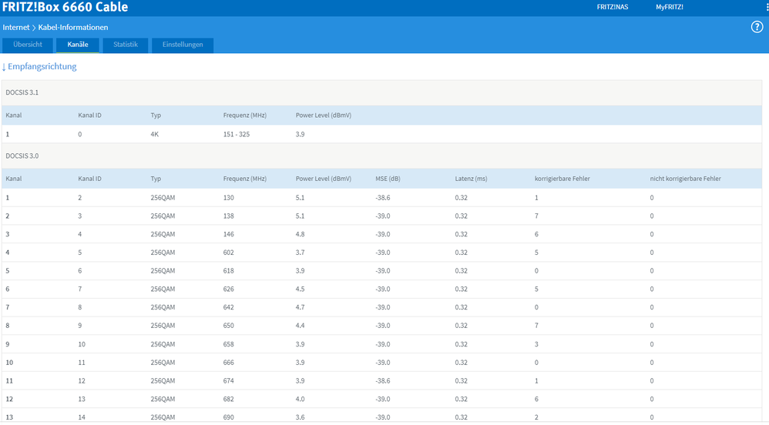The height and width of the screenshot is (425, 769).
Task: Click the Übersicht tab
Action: [x=28, y=45]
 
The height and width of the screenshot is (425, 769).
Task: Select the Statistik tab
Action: [x=126, y=45]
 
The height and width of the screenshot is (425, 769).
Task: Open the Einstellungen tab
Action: [x=183, y=45]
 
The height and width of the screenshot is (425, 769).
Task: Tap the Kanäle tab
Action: [x=78, y=45]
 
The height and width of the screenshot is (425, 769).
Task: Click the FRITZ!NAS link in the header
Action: [x=613, y=7]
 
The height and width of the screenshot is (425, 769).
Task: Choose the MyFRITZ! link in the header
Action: [x=670, y=7]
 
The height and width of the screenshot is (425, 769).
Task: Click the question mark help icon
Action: [x=757, y=27]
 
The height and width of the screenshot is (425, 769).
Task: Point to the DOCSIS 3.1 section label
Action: [x=22, y=92]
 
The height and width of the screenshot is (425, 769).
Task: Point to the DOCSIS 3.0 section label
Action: [x=22, y=156]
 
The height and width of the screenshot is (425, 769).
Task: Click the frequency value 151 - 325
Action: [x=237, y=134]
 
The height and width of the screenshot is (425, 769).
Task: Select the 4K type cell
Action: [x=154, y=134]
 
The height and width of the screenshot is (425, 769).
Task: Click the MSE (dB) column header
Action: [x=388, y=179]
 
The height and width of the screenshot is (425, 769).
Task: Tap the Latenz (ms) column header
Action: [x=471, y=179]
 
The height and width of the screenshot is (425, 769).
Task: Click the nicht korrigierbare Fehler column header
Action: [x=686, y=179]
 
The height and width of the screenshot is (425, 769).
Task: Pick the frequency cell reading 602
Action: [x=229, y=253]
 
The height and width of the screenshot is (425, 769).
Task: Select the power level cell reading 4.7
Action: [x=301, y=307]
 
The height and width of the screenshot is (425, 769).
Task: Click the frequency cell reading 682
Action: [x=229, y=399]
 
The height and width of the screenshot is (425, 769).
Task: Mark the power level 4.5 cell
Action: [x=301, y=289]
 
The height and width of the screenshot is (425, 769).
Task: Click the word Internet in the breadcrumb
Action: [x=16, y=28]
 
